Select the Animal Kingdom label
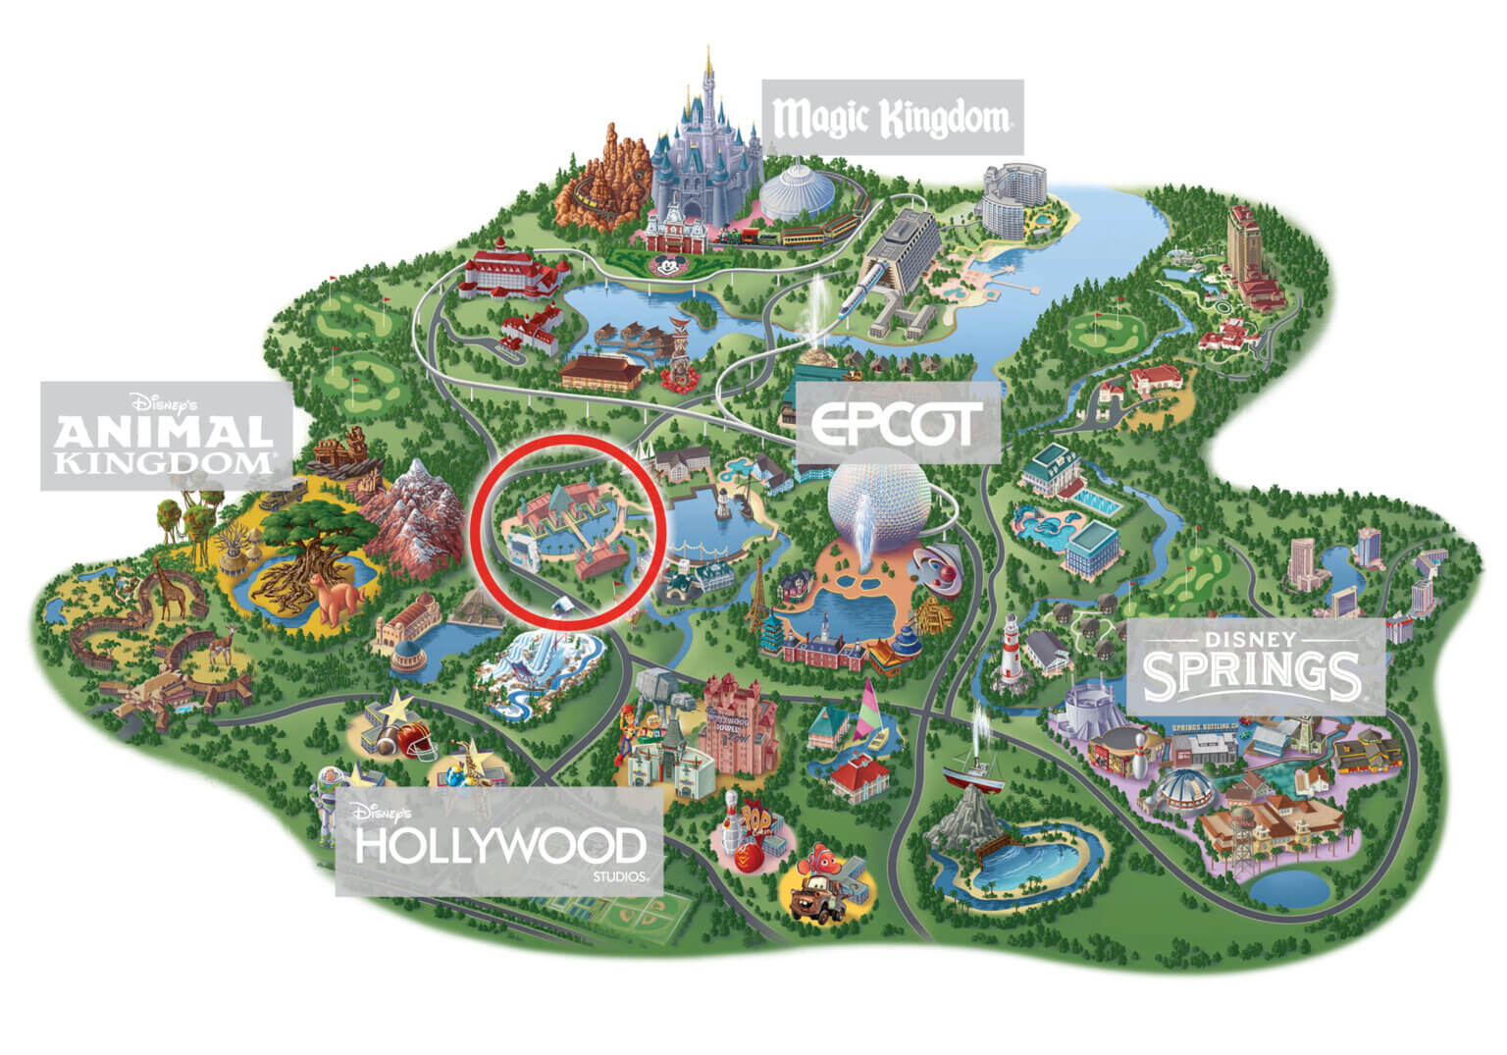click(x=165, y=437)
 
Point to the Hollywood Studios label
click(x=499, y=847)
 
